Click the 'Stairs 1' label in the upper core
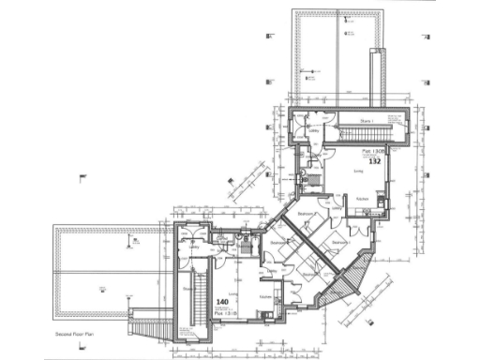(x=365, y=122)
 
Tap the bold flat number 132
(x=373, y=162)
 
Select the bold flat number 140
(x=222, y=303)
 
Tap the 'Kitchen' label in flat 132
(x=362, y=199)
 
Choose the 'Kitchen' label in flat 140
(x=265, y=296)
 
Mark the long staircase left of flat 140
(x=197, y=305)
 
